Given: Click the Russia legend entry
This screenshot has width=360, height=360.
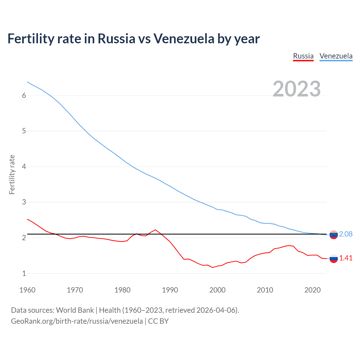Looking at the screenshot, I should click(x=303, y=56).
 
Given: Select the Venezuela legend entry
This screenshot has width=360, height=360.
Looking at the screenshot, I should click(x=336, y=56).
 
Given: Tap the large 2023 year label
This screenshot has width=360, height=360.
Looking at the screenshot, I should click(x=297, y=89).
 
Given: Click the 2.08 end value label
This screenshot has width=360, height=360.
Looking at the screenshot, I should click(x=346, y=234).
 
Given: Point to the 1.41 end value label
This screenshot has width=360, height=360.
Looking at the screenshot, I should click(x=346, y=258).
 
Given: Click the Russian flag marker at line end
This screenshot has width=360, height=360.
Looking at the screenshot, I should click(x=334, y=258).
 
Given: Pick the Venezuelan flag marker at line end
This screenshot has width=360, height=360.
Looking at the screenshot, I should click(x=334, y=235).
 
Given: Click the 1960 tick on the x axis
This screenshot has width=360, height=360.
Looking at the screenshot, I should click(x=27, y=290).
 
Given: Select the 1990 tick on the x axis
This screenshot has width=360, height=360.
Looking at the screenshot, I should click(x=170, y=290).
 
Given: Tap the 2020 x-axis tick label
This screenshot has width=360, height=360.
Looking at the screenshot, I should click(x=312, y=290).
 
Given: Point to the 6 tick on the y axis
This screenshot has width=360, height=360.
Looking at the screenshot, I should click(x=24, y=96).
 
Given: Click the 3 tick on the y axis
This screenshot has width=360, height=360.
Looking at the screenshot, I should click(x=24, y=202).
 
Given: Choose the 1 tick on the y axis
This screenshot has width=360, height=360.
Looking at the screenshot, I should click(x=24, y=273).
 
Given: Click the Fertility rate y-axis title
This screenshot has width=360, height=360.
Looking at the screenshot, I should click(x=12, y=174).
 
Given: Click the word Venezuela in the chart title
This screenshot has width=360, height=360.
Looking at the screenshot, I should click(x=184, y=39).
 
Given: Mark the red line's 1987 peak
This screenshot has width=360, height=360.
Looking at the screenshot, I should click(x=156, y=230).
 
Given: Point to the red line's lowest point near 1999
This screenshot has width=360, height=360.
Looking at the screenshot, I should click(x=213, y=267).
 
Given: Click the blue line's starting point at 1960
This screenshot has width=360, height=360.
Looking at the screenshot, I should click(x=27, y=82).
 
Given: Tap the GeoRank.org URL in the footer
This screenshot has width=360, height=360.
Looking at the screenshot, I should click(x=77, y=321).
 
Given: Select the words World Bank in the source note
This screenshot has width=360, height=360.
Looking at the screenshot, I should click(x=75, y=310).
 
